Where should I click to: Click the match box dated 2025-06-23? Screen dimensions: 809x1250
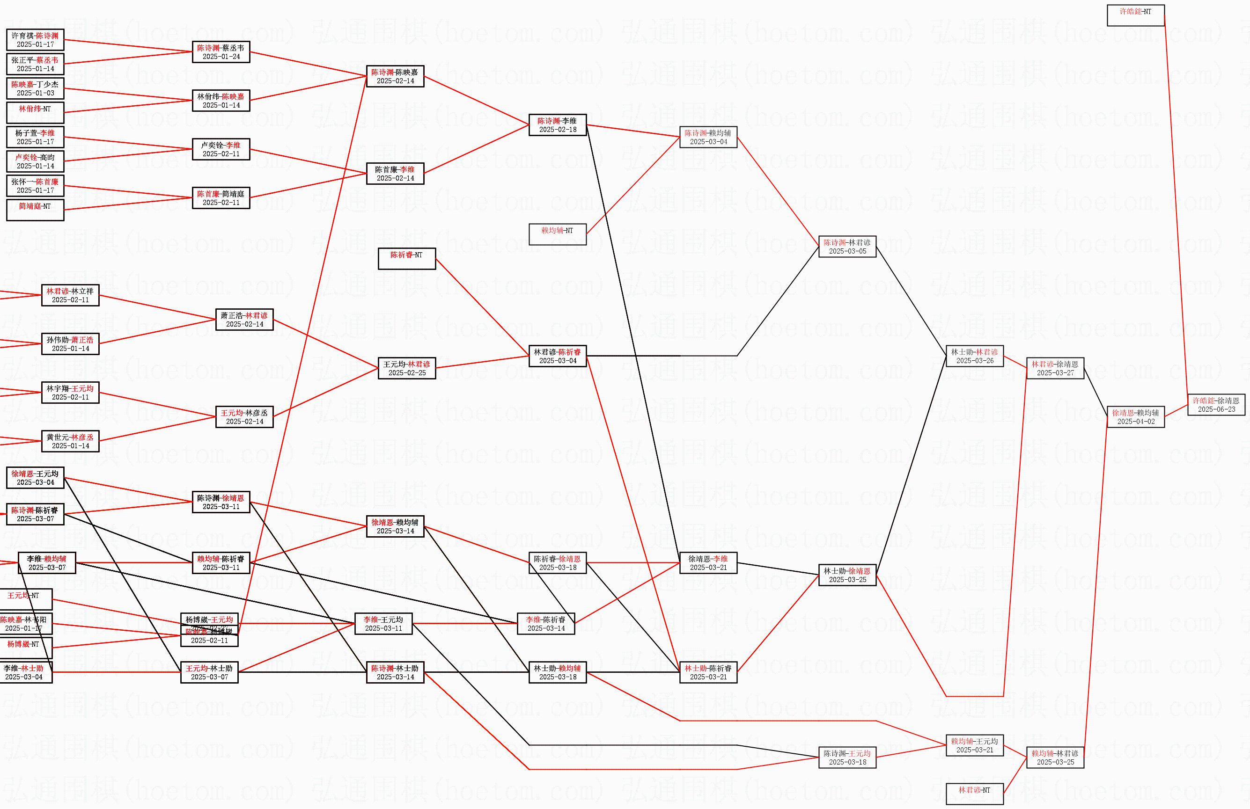click(x=1216, y=404)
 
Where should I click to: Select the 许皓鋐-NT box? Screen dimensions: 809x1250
click(x=1135, y=15)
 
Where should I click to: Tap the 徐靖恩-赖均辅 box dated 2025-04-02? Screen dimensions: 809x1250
click(x=1135, y=417)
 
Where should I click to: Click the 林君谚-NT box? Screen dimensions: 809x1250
click(x=974, y=794)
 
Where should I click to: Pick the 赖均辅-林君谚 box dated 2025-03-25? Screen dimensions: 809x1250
click(x=1055, y=758)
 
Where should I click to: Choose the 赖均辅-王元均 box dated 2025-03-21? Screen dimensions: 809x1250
click(x=974, y=745)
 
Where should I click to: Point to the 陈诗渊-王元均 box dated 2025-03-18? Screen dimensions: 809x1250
click(x=847, y=758)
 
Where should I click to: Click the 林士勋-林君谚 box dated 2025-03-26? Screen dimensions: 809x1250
click(x=974, y=356)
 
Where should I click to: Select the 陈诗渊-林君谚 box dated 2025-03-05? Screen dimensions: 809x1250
click(x=847, y=247)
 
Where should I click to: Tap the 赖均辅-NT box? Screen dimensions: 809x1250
click(x=557, y=234)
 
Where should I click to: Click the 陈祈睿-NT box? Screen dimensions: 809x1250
click(x=406, y=259)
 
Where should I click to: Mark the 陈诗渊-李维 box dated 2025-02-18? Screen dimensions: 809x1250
click(x=557, y=125)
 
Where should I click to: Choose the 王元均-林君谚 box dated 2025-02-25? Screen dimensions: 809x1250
click(x=406, y=368)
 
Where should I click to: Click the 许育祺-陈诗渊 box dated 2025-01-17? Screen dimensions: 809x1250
click(x=35, y=40)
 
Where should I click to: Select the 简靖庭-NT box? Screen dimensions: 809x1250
click(x=35, y=210)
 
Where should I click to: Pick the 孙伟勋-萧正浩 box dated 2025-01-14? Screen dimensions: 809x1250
click(x=70, y=344)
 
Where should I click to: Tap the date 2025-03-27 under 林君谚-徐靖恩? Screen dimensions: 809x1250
click(x=1055, y=373)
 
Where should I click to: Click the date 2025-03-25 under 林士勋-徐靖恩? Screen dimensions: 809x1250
click(x=847, y=580)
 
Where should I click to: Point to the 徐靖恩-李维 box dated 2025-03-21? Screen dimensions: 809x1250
click(x=708, y=563)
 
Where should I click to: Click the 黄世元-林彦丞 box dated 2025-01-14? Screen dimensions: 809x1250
click(x=70, y=441)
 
